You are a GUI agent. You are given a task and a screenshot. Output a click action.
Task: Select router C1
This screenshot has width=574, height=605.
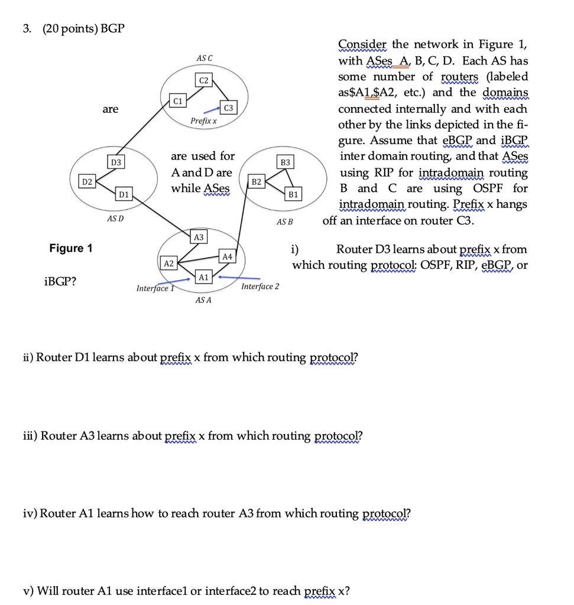[176, 100]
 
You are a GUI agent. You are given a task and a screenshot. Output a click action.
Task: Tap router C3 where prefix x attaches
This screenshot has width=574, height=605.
[228, 107]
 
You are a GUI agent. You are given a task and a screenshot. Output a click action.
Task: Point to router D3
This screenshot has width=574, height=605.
[115, 161]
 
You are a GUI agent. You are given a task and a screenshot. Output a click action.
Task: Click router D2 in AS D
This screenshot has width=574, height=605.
[87, 180]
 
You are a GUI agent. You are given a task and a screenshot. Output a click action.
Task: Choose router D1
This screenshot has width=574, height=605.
[123, 193]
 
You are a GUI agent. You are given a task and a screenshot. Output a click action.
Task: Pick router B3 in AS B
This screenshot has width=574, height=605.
[286, 161]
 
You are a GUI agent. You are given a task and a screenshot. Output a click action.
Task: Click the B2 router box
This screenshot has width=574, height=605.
[256, 181]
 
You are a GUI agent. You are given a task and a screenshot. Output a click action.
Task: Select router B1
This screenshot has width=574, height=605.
[293, 194]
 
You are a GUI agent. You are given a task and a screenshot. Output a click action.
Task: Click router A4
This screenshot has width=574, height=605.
[227, 256]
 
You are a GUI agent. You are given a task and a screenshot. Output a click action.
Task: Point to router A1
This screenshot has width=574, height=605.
[203, 277]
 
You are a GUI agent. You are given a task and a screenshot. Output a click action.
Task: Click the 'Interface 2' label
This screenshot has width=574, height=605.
[260, 287]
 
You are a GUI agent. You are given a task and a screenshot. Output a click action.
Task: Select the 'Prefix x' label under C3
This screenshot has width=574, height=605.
[203, 121]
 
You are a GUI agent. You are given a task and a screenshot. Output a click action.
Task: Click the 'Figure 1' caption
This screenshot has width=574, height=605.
[70, 248]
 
